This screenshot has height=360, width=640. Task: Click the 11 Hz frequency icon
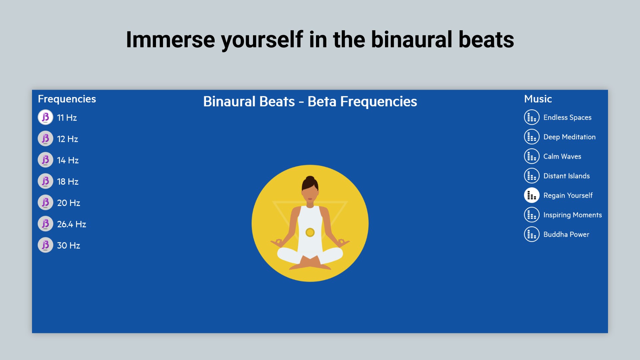[45, 117]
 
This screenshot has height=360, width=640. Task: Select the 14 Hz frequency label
[68, 160]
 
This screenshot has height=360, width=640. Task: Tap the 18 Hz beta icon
[45, 181]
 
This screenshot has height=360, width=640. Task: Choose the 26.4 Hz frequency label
[71, 224]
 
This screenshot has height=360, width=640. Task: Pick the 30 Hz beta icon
[45, 245]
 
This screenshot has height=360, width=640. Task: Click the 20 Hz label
[68, 203]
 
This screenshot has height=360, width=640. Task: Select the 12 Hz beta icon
[45, 139]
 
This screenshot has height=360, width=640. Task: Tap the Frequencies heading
[67, 99]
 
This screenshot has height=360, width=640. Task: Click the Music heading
[538, 99]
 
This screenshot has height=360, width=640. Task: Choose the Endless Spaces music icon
[532, 117]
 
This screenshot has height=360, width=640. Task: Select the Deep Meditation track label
[569, 137]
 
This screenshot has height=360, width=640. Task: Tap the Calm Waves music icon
[532, 156]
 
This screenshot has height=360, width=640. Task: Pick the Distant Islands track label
[566, 176]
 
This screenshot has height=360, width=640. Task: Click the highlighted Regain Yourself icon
[532, 195]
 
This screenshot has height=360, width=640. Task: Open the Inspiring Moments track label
[572, 215]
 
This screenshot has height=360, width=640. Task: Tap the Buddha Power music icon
[532, 234]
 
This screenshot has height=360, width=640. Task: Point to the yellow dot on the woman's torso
[310, 232]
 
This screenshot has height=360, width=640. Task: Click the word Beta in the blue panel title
[322, 102]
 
